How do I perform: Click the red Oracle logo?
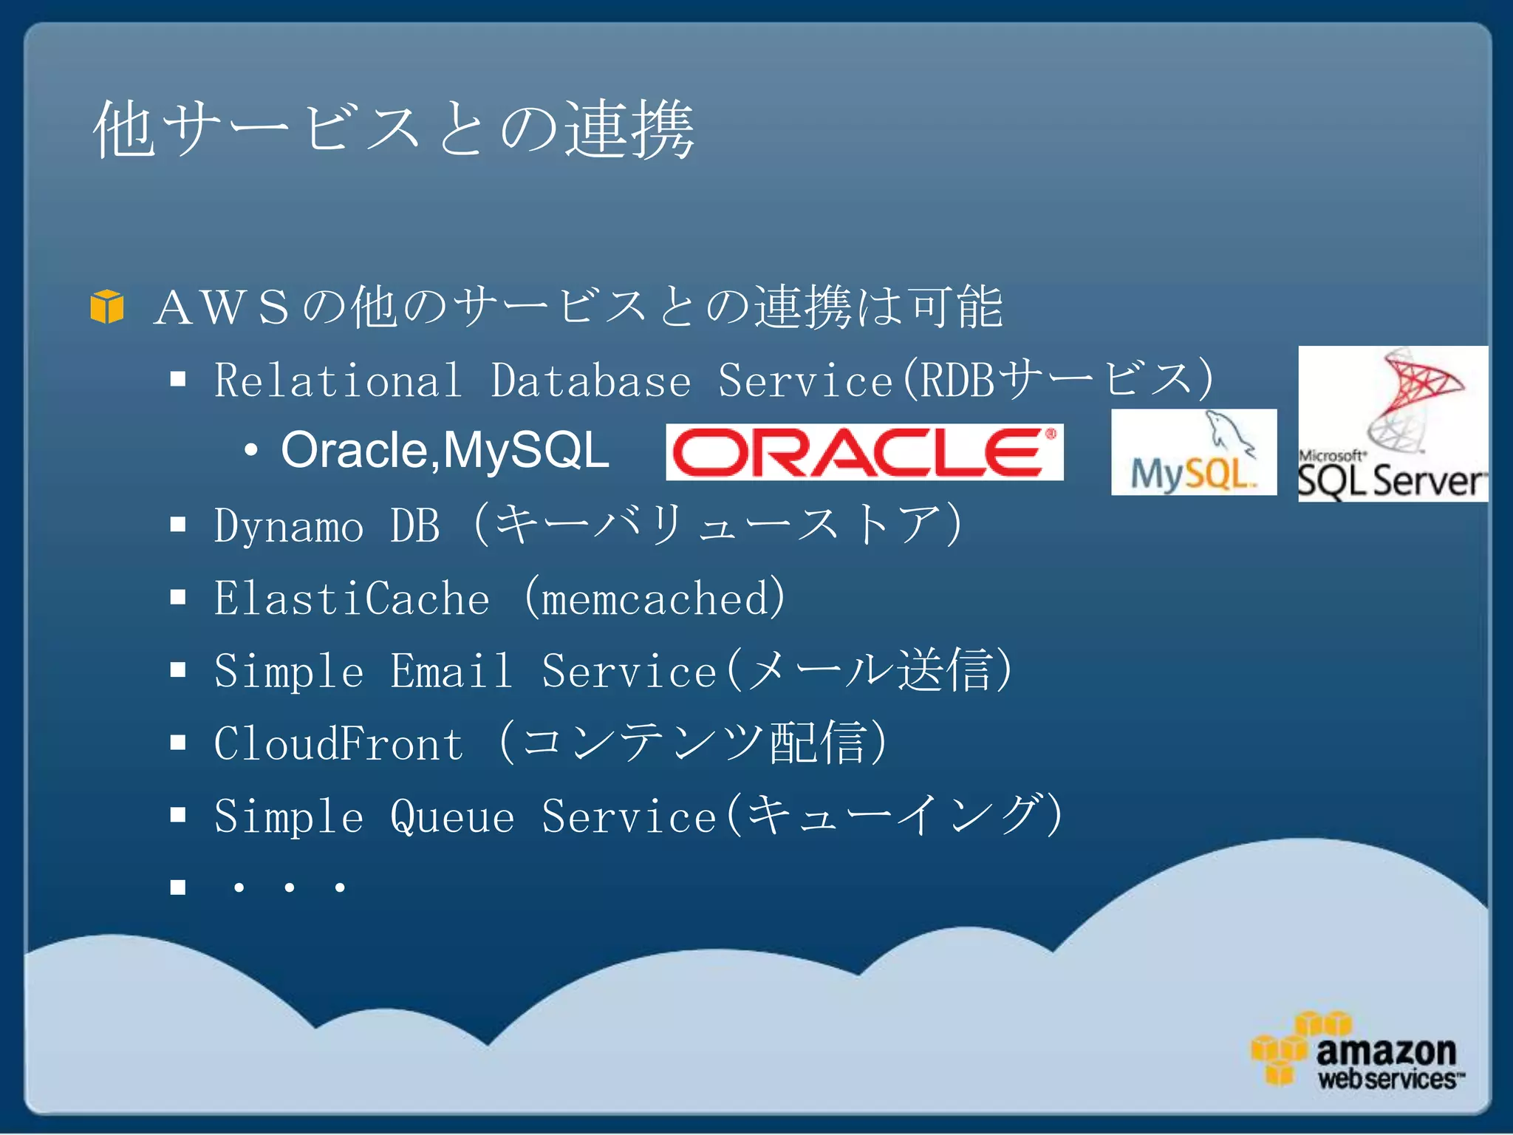[864, 452]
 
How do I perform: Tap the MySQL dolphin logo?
[1194, 452]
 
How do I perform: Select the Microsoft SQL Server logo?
[1393, 424]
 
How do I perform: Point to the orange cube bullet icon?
[107, 306]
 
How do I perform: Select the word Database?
[591, 381]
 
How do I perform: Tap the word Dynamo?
[289, 527]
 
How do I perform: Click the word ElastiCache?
[352, 599]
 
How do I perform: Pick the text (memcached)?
[655, 599]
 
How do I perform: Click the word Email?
[451, 671]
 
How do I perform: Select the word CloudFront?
[339, 743]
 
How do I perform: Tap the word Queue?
[451, 817]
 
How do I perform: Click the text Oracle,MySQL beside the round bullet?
[445, 450]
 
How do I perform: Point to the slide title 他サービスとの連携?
[393, 130]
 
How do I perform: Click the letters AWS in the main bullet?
[222, 307]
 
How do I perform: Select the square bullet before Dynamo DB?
[178, 525]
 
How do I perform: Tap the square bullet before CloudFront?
[178, 743]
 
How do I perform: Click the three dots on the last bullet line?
[289, 887]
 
